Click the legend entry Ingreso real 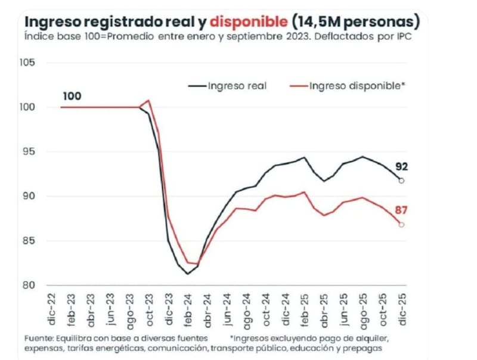[x=237, y=85]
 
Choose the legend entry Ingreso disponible [x=357, y=85]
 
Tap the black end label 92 [x=404, y=167]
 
